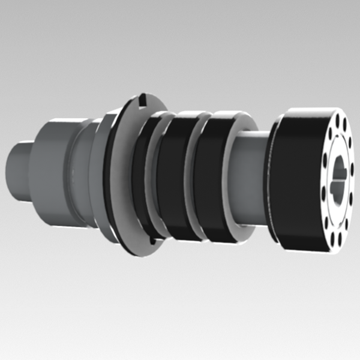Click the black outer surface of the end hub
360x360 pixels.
coord(300,180)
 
